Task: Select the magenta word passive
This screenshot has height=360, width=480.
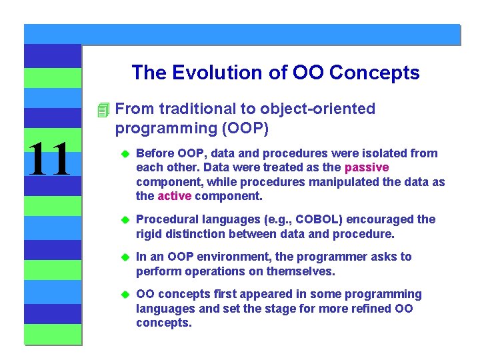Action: [x=366, y=167]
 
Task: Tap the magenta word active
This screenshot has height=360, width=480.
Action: [x=174, y=196]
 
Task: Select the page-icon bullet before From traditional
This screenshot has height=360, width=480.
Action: [x=101, y=109]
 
